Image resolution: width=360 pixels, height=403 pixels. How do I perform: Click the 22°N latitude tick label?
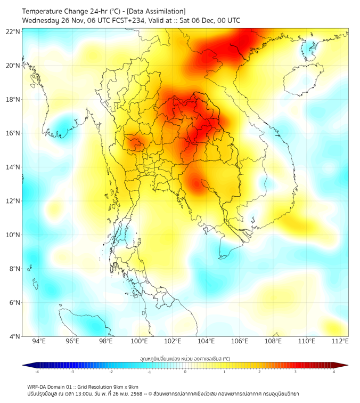point(13,31)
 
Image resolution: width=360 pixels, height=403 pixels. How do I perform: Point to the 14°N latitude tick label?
point(13,167)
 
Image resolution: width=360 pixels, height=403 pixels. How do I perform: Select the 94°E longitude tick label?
point(39,341)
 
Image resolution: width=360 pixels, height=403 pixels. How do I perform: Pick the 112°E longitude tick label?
point(340,341)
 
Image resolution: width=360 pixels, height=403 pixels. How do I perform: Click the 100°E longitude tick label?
point(139,341)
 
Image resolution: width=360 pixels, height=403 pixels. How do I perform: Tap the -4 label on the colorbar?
point(37,372)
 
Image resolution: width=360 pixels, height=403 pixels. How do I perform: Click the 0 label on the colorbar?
point(185,372)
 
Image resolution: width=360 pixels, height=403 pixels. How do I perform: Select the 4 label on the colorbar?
point(334,372)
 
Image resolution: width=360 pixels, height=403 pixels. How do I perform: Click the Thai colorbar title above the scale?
point(185,358)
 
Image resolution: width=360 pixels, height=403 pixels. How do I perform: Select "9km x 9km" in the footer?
point(124,386)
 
